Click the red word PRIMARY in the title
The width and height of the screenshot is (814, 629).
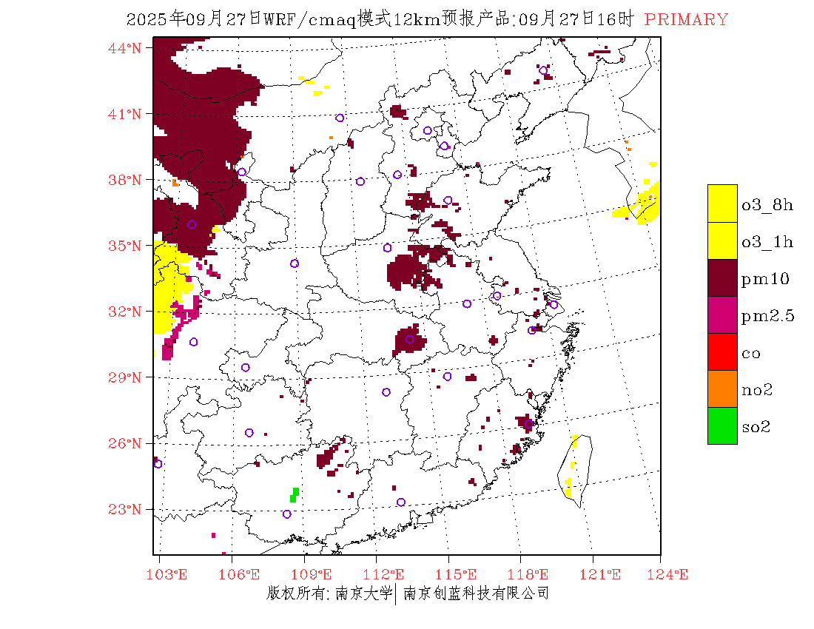pyautogui.click(x=686, y=20)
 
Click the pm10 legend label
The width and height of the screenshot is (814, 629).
pyautogui.click(x=765, y=278)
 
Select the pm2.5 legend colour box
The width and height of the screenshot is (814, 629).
pyautogui.click(x=722, y=314)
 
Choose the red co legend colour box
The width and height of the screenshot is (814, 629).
pyautogui.click(x=722, y=351)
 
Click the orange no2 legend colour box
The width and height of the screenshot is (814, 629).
pyautogui.click(x=722, y=388)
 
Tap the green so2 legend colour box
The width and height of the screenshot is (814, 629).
pyautogui.click(x=722, y=425)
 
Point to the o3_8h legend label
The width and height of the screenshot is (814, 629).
pyautogui.click(x=767, y=205)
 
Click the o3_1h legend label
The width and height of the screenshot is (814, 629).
pyautogui.click(x=767, y=241)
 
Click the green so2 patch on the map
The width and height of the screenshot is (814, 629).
pyautogui.click(x=295, y=494)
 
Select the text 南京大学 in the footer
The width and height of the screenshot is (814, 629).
pyautogui.click(x=363, y=593)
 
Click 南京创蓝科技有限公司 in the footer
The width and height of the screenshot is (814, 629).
pyautogui.click(x=476, y=593)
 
